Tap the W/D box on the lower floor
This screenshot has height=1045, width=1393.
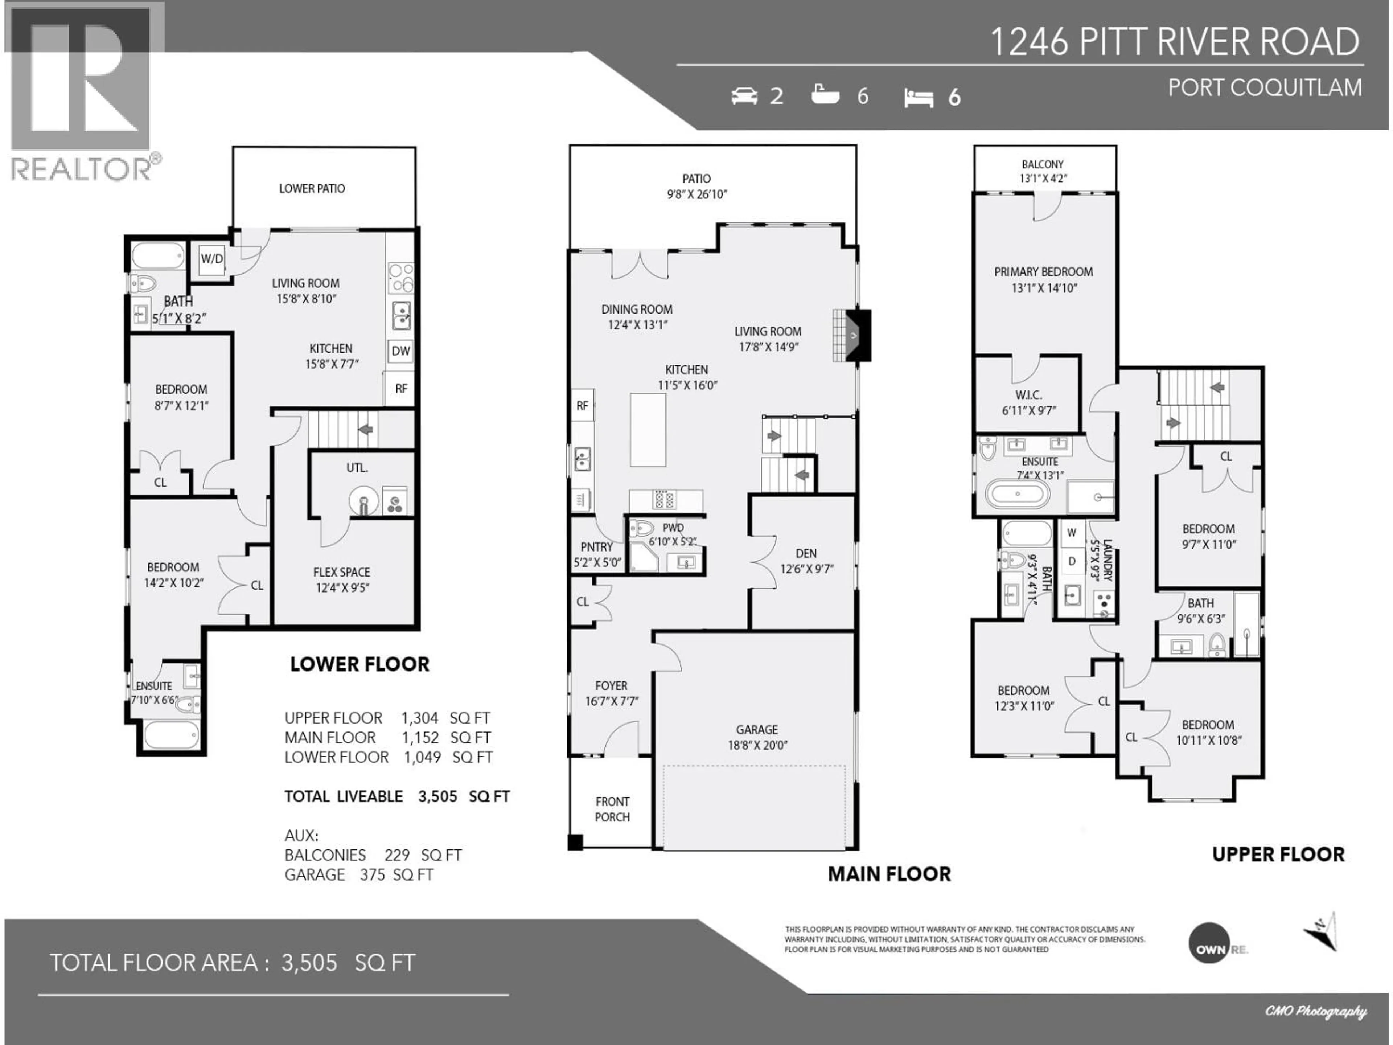pos(211,259)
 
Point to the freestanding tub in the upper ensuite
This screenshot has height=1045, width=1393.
pos(1018,494)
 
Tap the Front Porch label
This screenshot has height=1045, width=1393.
pos(612,809)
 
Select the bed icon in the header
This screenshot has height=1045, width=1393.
pos(918,98)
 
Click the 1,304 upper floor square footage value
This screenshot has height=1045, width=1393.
pos(419,718)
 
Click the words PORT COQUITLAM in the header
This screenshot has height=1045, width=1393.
pos(1265,87)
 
